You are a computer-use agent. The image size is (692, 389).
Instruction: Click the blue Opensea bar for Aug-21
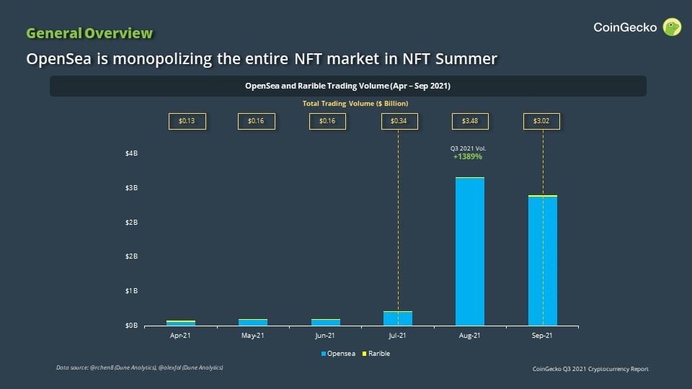click(470, 252)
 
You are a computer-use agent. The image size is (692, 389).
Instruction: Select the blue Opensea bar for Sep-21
click(542, 261)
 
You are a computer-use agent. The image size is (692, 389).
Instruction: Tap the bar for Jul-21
click(398, 318)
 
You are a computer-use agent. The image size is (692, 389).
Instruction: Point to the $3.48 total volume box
click(470, 121)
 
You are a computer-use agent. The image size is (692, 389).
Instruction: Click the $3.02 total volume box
click(541, 121)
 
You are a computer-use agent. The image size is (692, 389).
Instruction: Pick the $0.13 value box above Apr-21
click(187, 121)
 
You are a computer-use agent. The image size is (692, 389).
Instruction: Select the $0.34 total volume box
click(399, 121)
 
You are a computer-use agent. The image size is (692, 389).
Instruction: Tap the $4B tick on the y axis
click(131, 153)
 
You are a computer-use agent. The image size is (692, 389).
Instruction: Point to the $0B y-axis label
click(131, 326)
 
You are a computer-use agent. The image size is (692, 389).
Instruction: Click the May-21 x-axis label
click(253, 336)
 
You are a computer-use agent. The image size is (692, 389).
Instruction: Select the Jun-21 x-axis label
click(325, 336)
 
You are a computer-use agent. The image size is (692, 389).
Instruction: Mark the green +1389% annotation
click(468, 156)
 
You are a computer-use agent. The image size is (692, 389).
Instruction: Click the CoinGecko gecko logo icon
click(673, 27)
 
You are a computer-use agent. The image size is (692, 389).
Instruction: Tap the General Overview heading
click(89, 33)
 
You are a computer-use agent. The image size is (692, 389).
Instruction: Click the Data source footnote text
click(139, 368)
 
